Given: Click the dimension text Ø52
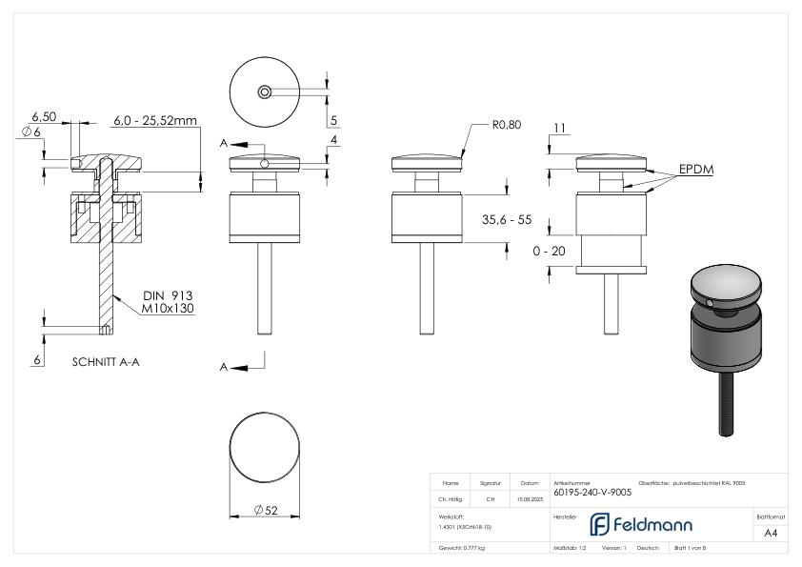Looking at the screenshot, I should click(266, 511).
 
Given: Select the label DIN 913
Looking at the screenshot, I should click(162, 295).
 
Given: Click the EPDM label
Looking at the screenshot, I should click(696, 169).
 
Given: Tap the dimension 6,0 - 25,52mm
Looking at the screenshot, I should click(154, 121).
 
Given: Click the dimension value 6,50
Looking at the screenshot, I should click(44, 115).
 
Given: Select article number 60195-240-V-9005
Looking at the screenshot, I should click(591, 493).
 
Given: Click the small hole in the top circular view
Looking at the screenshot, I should click(264, 91).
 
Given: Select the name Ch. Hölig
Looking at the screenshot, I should click(451, 497).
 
